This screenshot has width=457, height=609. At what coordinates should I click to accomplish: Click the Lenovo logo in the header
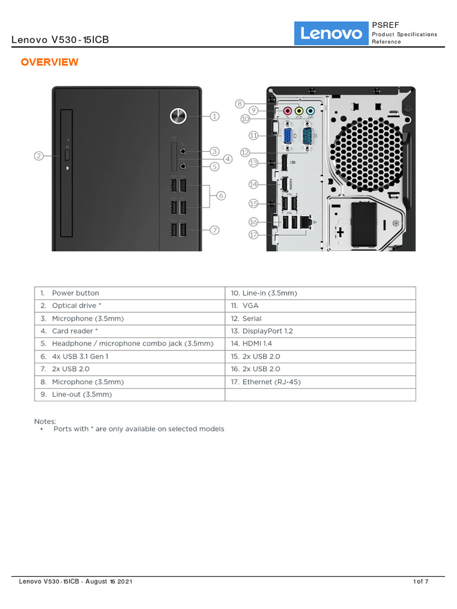point(331,33)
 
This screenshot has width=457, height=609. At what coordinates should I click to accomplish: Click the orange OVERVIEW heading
point(49,62)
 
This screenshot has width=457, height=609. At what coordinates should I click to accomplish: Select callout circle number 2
point(39,156)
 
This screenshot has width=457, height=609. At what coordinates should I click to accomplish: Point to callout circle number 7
point(214,229)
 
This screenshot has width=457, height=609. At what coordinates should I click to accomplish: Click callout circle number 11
point(253,136)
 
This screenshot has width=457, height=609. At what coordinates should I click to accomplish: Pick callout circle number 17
point(253,234)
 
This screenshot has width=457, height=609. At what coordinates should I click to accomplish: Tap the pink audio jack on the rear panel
point(287,111)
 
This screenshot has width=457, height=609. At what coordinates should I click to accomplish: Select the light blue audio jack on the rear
point(310,111)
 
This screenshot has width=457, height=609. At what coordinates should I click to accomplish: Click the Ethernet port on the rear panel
point(306,221)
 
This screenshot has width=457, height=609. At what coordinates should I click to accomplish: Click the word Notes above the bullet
point(45,421)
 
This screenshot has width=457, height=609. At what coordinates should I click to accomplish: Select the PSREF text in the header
point(386,25)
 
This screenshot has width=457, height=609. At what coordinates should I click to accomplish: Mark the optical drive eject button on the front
point(67,155)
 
